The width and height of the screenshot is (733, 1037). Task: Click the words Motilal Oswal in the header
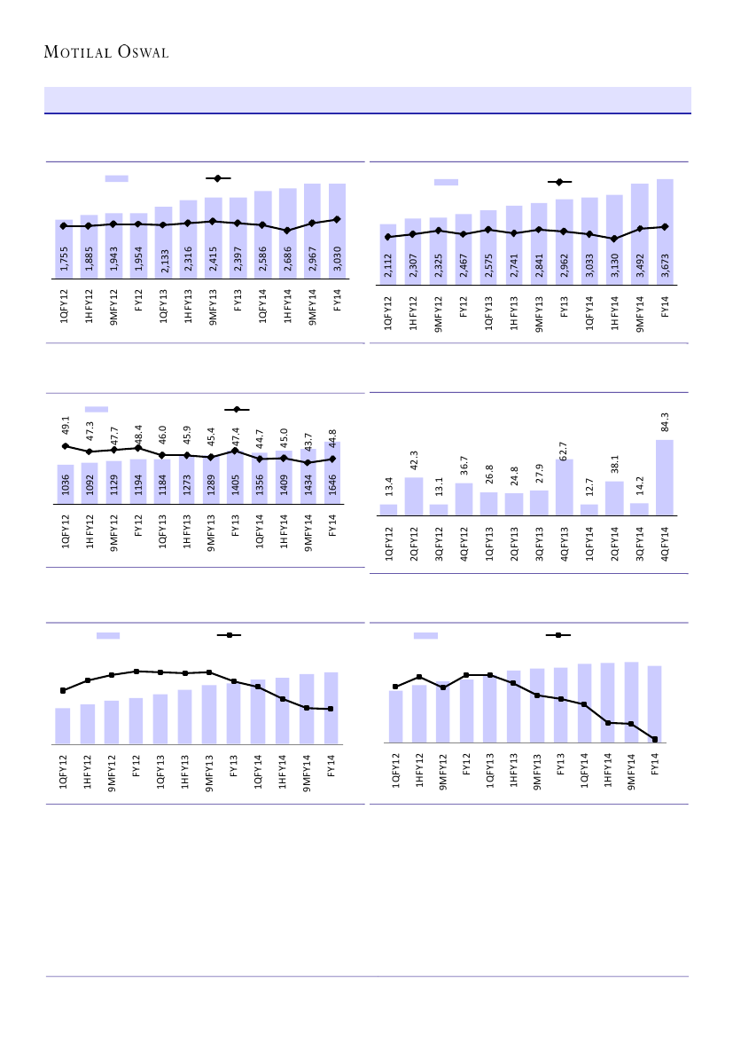[106, 52]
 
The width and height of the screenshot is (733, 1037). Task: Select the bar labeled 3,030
[337, 231]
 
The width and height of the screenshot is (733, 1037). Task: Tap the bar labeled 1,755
[63, 249]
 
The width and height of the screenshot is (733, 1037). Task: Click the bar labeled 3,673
[665, 232]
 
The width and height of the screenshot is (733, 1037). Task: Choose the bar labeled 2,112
[387, 255]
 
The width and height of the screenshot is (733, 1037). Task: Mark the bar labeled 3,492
[640, 234]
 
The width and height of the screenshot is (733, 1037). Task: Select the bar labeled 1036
[66, 485]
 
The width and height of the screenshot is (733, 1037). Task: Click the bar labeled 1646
[332, 474]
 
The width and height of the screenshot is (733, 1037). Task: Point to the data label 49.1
[66, 426]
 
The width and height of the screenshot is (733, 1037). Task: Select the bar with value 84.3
[665, 477]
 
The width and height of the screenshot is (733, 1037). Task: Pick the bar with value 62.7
[564, 487]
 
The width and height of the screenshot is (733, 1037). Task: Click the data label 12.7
[589, 486]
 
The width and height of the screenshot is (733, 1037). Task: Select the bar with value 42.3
[414, 496]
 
